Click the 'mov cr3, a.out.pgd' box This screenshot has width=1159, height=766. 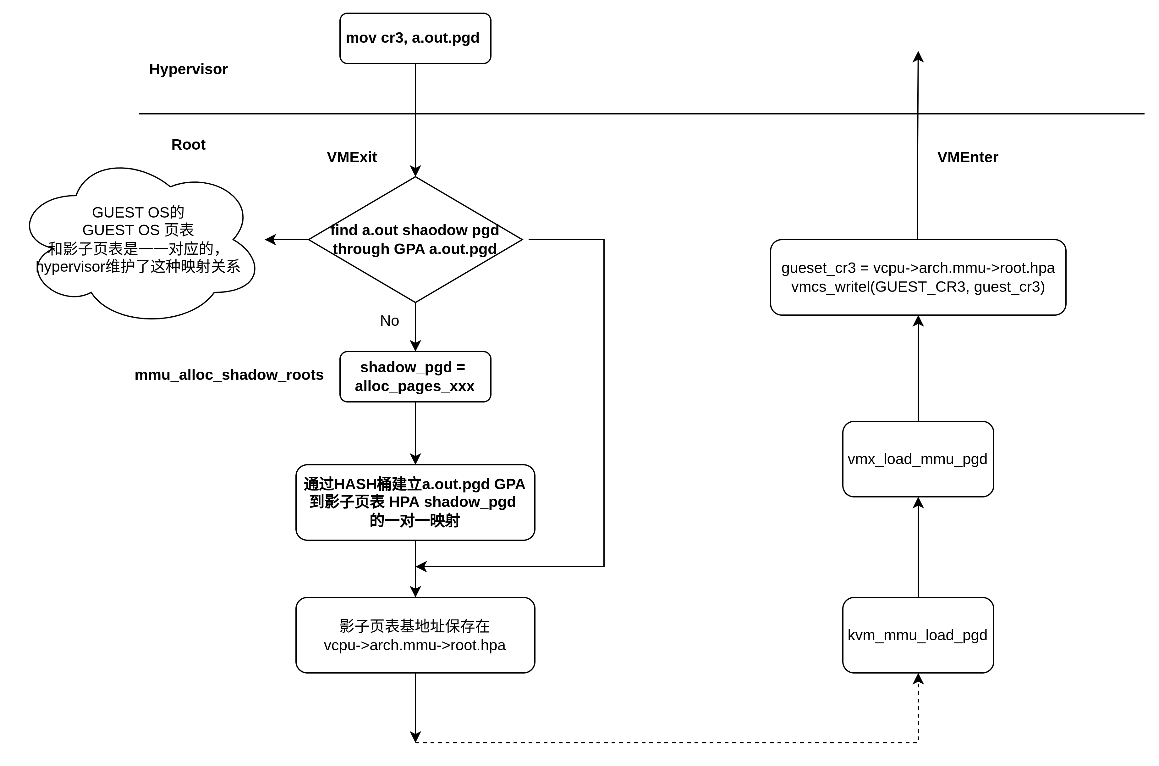point(415,38)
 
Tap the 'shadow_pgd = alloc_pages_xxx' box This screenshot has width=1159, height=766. point(415,377)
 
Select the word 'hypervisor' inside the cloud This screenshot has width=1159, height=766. point(70,267)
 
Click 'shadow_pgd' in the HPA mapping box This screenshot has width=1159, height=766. point(470,502)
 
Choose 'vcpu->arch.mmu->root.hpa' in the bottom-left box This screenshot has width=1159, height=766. point(415,645)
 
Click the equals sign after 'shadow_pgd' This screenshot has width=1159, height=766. point(460,367)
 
